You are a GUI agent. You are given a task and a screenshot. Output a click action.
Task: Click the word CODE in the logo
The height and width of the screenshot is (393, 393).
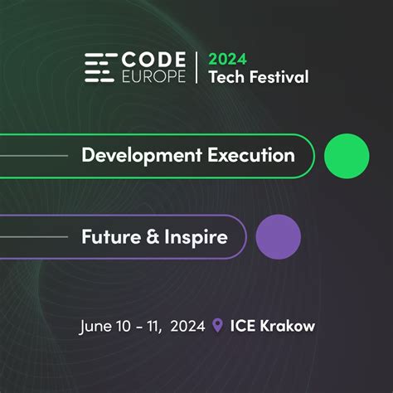pyautogui.click(x=153, y=60)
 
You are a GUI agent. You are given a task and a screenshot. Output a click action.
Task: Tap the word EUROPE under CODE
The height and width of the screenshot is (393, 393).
pyautogui.click(x=153, y=76)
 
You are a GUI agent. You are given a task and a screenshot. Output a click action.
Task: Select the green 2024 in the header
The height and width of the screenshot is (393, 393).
pyautogui.click(x=227, y=59)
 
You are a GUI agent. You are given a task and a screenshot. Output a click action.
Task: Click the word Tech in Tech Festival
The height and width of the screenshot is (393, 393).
pyautogui.click(x=227, y=77)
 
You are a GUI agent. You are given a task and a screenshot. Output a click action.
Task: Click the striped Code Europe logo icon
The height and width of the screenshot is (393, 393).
pyautogui.click(x=100, y=68)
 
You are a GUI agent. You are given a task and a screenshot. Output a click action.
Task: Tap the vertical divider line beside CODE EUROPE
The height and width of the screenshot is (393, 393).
pyautogui.click(x=196, y=68)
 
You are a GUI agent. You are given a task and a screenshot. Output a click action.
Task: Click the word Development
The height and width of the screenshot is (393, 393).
pyautogui.click(x=142, y=156)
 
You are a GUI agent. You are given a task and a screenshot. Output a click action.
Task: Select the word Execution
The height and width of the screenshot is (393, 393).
pyautogui.click(x=251, y=155)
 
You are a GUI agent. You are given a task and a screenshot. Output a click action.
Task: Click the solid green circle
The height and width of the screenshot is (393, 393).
pyautogui.click(x=347, y=156)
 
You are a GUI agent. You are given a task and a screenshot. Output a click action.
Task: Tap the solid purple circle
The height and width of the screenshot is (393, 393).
pyautogui.click(x=279, y=237)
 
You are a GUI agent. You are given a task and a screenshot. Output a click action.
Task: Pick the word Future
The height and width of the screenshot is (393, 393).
pyautogui.click(x=111, y=236)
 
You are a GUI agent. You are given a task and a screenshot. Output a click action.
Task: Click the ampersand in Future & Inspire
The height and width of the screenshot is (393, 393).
pyautogui.click(x=153, y=236)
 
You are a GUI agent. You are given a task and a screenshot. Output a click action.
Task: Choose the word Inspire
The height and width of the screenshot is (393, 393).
pyautogui.click(x=196, y=237)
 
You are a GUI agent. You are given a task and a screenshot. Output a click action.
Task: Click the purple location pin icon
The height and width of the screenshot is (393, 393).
pyautogui.click(x=217, y=325)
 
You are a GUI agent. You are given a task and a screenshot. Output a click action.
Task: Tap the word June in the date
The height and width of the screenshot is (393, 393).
pyautogui.click(x=95, y=327)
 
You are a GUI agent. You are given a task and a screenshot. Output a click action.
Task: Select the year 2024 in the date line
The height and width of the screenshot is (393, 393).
pyautogui.click(x=187, y=326)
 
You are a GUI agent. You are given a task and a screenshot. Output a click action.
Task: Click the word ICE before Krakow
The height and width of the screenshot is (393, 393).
pyautogui.click(x=243, y=326)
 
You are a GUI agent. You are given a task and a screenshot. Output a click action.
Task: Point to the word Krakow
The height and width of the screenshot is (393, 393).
pyautogui.click(x=288, y=326)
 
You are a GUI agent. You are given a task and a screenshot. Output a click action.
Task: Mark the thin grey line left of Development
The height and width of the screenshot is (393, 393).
pyautogui.click(x=34, y=156)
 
